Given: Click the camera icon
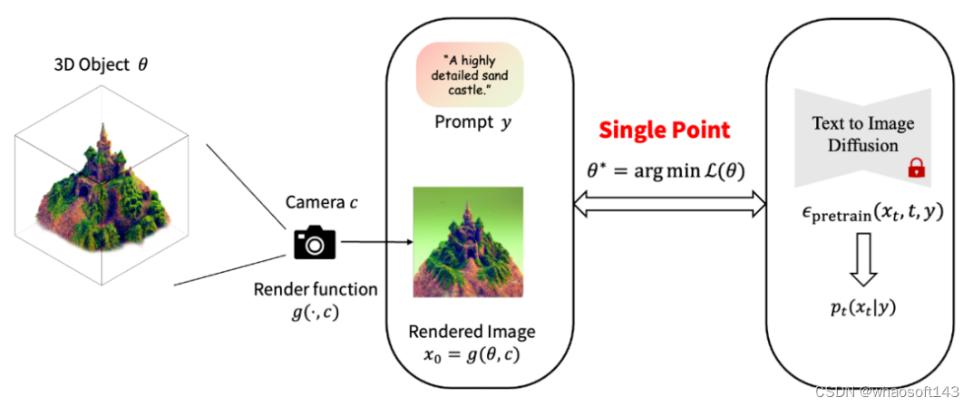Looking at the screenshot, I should (x=315, y=242).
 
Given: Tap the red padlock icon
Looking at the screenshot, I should (x=916, y=168).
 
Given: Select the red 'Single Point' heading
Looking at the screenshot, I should (x=663, y=130).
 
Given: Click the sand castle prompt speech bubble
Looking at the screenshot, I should (x=471, y=78).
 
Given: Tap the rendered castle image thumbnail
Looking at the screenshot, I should (x=468, y=243).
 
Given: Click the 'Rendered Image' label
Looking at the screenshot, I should (x=472, y=331).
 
